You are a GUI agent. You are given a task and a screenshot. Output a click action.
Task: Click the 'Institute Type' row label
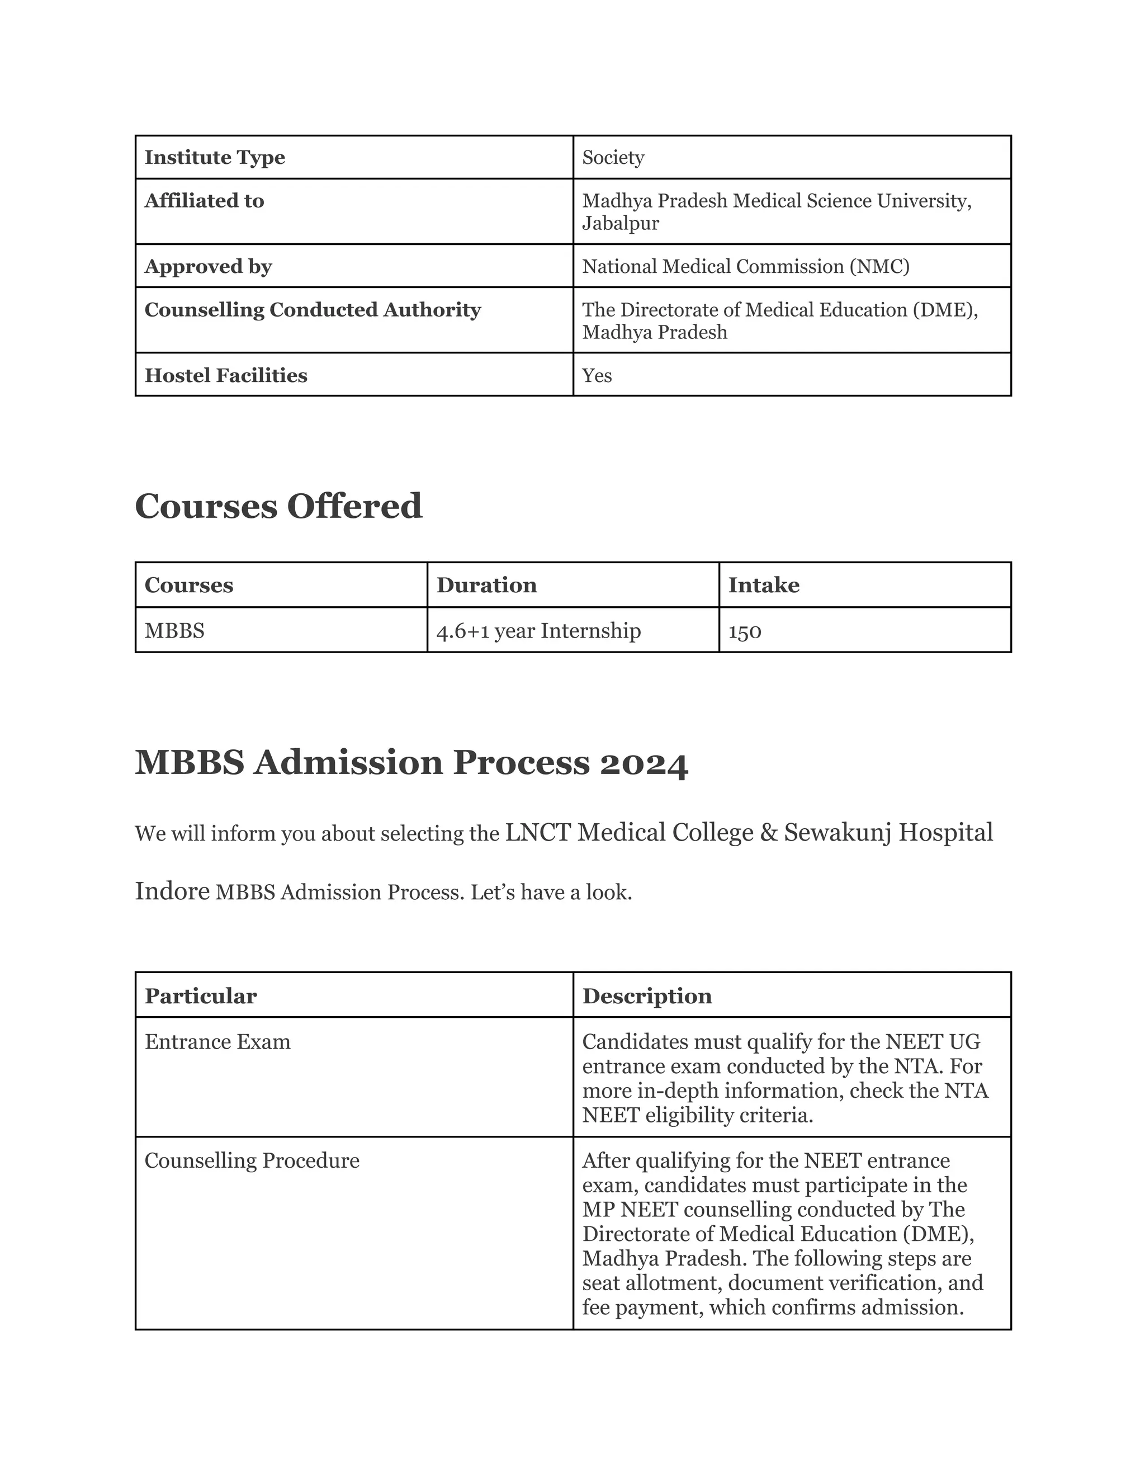214,158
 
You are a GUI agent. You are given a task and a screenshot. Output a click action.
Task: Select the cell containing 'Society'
613,158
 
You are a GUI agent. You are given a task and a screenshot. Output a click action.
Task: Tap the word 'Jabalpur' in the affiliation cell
620,223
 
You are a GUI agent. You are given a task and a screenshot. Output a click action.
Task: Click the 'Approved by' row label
207,267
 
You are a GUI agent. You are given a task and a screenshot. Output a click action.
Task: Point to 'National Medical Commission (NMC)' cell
745,267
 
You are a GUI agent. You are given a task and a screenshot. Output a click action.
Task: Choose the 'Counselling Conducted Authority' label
312,310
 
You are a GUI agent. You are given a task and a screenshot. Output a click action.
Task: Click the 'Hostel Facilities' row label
225,375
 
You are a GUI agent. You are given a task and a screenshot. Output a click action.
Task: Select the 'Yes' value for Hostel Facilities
597,375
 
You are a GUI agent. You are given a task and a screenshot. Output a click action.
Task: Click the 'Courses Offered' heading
278,506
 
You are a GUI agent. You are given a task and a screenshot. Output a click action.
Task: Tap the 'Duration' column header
486,585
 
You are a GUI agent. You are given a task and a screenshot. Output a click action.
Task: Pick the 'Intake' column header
763,585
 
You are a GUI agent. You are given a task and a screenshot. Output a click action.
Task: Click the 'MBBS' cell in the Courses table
174,630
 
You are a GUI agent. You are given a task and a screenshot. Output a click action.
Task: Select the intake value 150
744,631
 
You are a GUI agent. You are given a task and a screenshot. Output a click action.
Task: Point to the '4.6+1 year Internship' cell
538,631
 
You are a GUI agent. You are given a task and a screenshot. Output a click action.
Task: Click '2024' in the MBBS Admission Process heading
644,763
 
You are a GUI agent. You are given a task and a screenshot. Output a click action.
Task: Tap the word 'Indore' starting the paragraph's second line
172,891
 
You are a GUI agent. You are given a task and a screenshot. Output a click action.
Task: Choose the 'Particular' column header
200,996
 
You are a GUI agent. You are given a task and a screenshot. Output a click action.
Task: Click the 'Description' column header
646,996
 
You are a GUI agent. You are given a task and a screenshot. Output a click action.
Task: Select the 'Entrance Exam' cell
217,1042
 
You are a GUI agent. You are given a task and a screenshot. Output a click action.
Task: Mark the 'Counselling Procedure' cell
252,1160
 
